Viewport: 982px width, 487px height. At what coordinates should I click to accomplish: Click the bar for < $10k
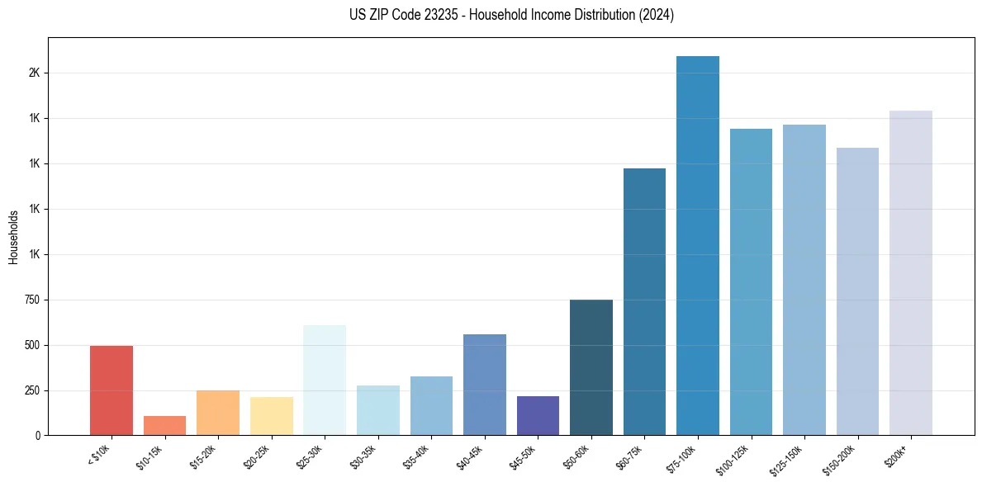tap(111, 390)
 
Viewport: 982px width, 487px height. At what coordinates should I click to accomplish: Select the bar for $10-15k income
tap(164, 426)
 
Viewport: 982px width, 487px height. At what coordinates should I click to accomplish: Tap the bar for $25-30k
tap(325, 381)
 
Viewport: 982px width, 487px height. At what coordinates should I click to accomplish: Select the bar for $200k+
tap(911, 273)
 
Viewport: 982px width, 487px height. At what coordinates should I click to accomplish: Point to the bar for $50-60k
tap(591, 367)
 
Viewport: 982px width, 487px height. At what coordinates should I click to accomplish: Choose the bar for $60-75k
tap(644, 302)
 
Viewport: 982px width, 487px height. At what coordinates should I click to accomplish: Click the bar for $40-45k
tap(485, 385)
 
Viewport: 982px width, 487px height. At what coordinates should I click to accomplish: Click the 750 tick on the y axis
tap(33, 300)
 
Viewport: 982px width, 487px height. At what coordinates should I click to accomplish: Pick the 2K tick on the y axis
tap(35, 73)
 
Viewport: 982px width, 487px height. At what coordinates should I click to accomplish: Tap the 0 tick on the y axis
tap(38, 435)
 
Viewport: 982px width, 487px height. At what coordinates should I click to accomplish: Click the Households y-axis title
tap(13, 237)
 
